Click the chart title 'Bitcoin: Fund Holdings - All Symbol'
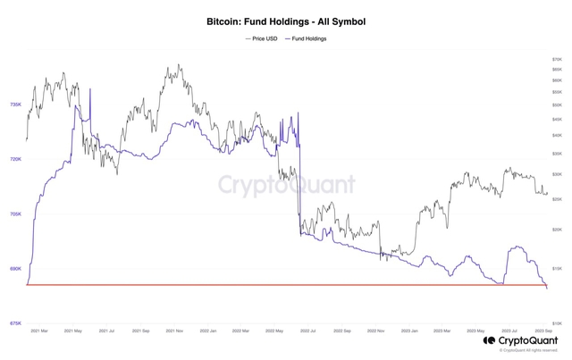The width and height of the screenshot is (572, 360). (286, 21)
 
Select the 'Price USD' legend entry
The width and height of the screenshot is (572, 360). (262, 38)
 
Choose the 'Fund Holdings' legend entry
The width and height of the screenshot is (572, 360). (306, 38)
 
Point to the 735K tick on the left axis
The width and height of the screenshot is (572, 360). (15, 105)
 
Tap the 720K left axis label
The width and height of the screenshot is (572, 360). (15, 159)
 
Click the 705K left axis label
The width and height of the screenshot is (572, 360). (15, 213)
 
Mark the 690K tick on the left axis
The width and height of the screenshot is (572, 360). (15, 268)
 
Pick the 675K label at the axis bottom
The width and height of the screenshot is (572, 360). (15, 322)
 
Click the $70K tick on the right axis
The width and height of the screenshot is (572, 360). (557, 59)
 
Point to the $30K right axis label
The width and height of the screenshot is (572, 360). (557, 174)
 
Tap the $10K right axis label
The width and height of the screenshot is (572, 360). (557, 322)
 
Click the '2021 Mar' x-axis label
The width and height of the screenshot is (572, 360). (38, 331)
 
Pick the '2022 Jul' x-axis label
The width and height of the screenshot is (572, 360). (308, 331)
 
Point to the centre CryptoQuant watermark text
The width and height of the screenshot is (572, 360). (286, 185)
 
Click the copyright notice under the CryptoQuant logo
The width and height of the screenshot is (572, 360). (527, 350)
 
